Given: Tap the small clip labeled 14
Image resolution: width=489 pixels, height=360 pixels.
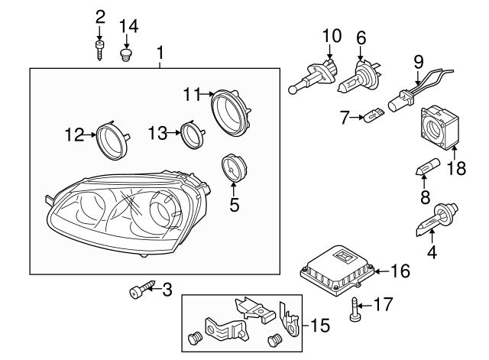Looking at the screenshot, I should (x=128, y=54).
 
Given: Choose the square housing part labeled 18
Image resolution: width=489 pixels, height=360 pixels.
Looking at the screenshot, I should (x=439, y=124).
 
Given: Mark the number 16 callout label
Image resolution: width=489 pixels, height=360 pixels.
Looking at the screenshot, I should (x=400, y=271).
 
